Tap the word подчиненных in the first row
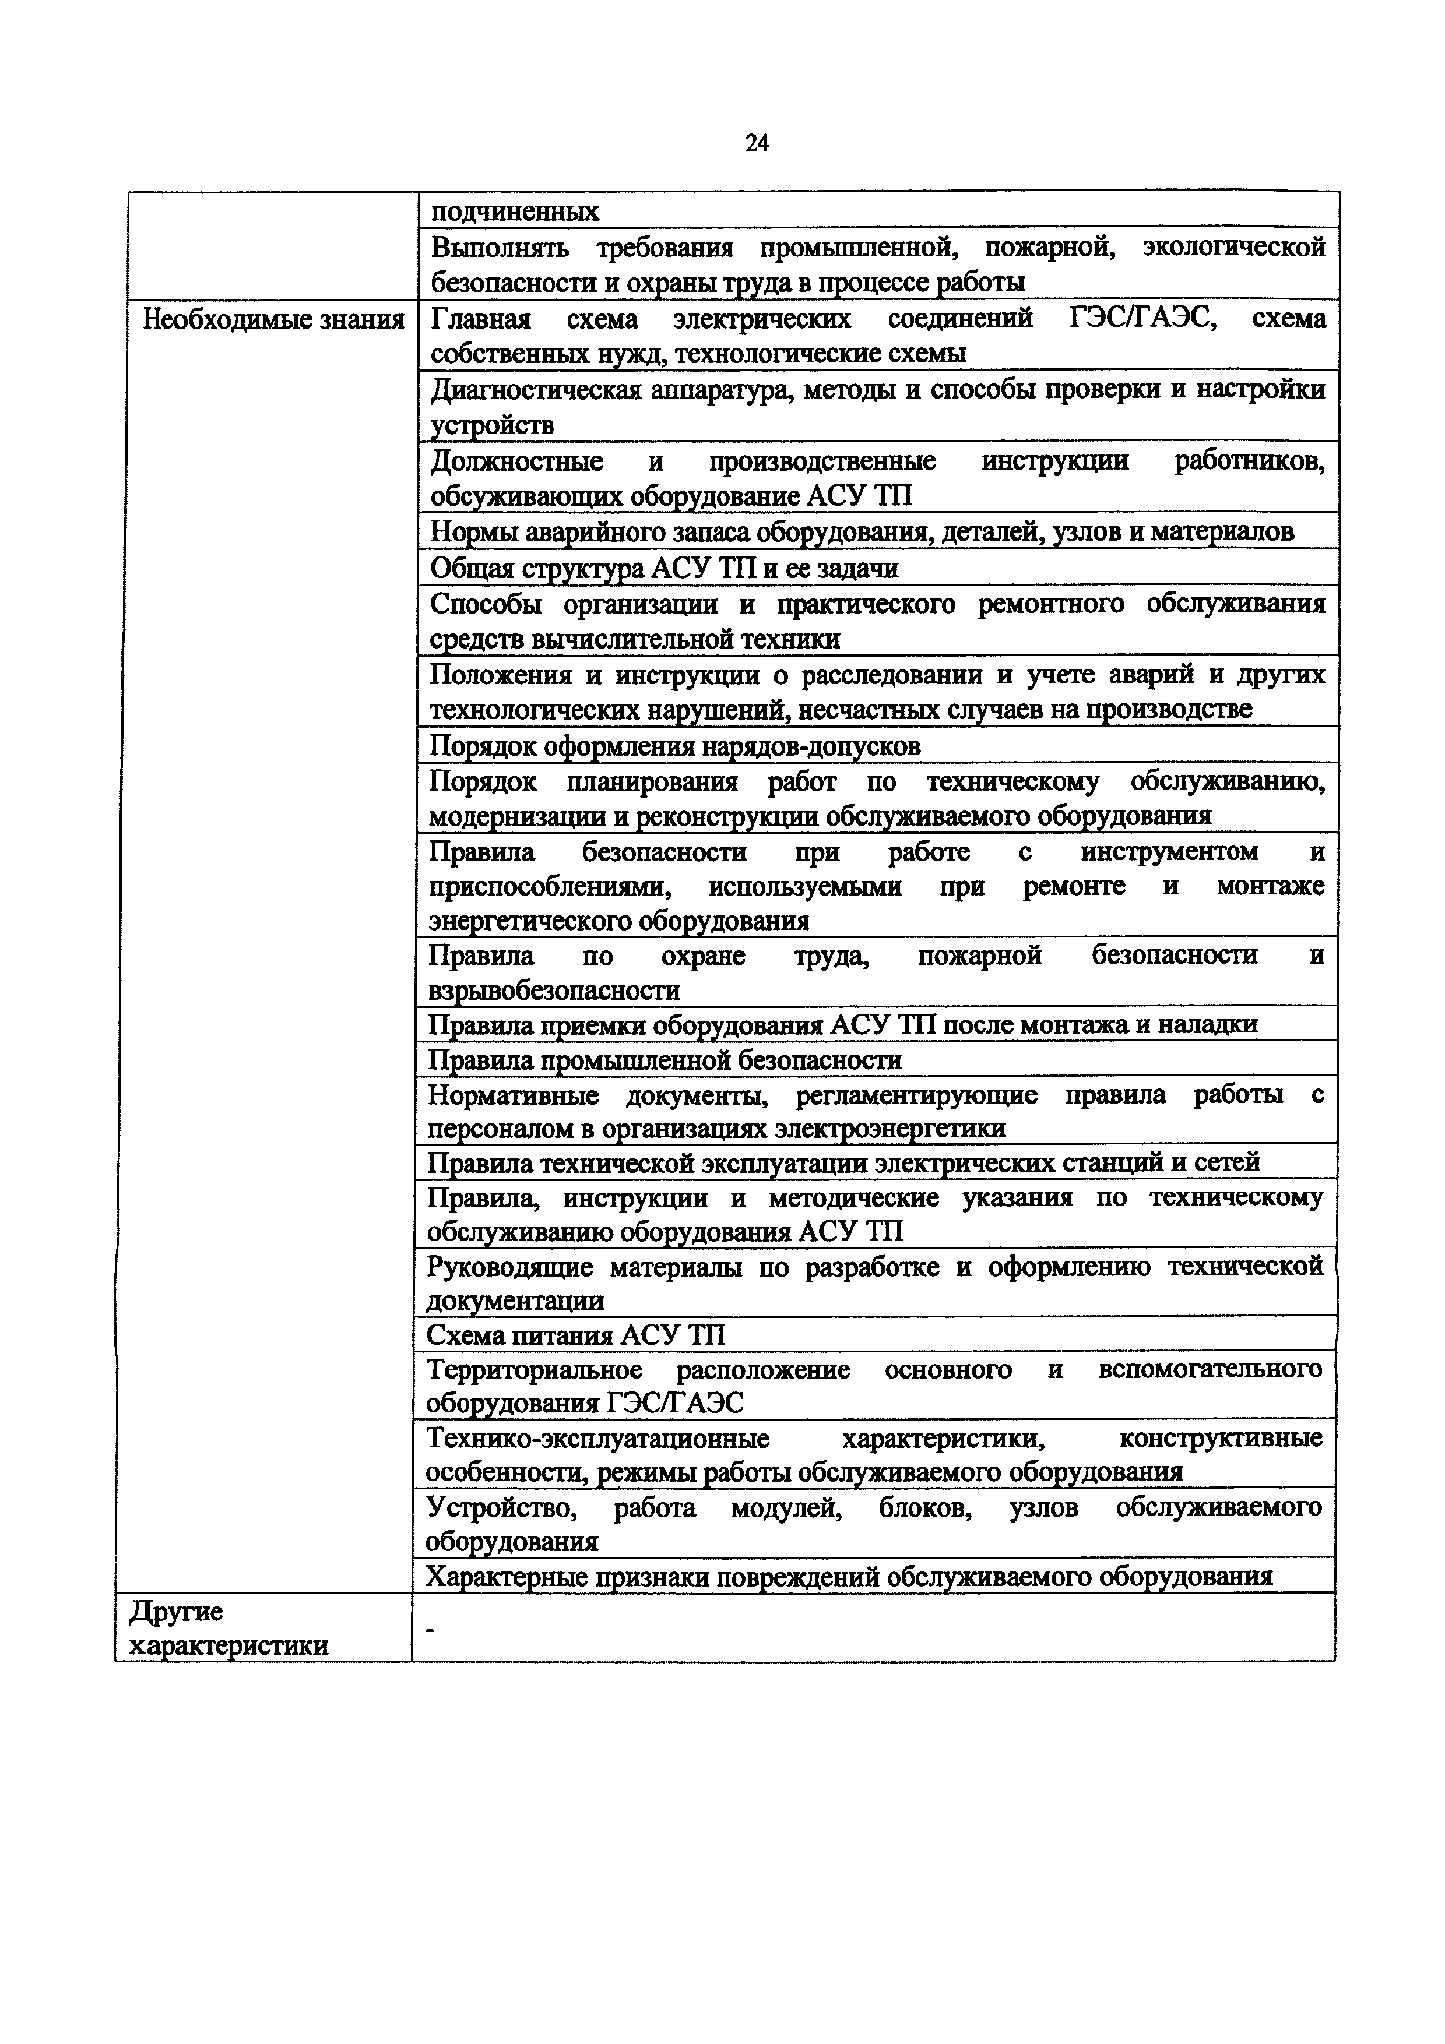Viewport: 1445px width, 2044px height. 515,212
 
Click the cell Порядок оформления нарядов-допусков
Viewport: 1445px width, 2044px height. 675,745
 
